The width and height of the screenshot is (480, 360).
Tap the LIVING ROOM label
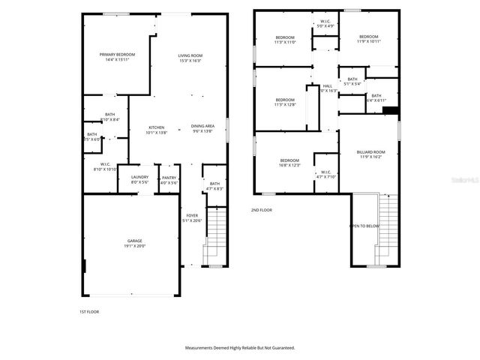190,55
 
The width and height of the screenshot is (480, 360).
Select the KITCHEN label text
156,127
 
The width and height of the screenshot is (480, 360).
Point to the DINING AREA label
202,126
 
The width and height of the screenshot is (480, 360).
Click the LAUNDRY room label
140,178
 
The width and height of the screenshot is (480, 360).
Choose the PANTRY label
169,178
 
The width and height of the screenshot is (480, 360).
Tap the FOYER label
192,215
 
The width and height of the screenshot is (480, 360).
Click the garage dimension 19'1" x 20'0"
134,246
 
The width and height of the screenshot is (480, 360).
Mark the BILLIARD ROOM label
370,152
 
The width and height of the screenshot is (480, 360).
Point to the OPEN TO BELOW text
365,226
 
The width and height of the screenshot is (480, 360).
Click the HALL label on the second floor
327,86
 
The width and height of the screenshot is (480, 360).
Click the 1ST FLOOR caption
88,311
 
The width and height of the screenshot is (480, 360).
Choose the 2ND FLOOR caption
261,210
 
